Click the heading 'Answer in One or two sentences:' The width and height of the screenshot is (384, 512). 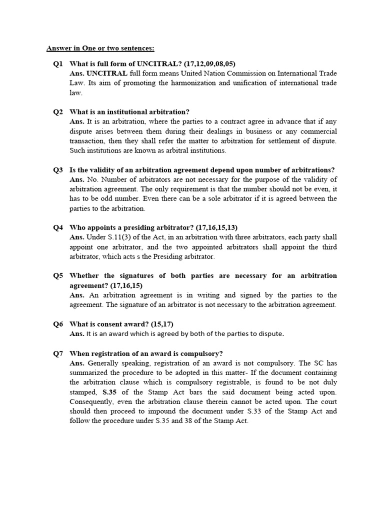point(100,48)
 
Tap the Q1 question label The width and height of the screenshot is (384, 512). point(58,64)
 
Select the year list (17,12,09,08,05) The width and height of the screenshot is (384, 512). point(209,64)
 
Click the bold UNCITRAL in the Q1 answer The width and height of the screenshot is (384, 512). point(107,73)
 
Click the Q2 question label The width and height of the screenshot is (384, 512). point(58,112)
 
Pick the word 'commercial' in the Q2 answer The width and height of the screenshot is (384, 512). point(317,131)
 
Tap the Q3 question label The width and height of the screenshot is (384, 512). point(58,170)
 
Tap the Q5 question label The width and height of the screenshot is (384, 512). point(58,276)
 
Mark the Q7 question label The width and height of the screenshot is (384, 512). point(58,353)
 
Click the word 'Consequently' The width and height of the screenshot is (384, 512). point(93,401)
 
